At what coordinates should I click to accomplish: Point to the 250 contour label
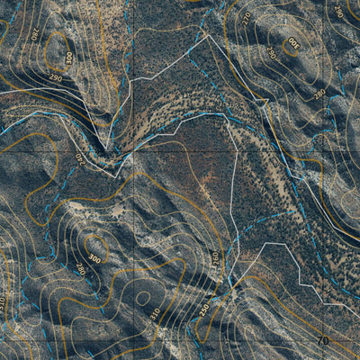click(x=204, y=308)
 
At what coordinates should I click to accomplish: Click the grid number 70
click(x=321, y=341)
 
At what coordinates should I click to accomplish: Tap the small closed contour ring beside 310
click(x=141, y=297)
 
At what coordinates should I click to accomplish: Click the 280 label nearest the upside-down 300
click(x=319, y=93)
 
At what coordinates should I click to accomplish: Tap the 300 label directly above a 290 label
click(x=68, y=58)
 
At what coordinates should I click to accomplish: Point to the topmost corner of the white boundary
click(x=207, y=34)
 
